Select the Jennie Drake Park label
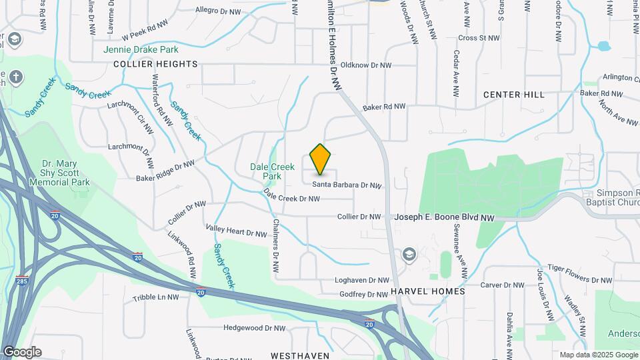(141, 49)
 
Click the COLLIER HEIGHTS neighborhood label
(156, 64)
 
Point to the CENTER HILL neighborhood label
(514, 95)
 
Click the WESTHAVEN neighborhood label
(300, 356)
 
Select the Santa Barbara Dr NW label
(347, 185)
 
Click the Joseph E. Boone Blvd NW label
(445, 217)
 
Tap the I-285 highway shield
(22, 281)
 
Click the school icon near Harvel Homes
(409, 254)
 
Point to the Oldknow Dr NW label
(365, 65)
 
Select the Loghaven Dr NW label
(361, 281)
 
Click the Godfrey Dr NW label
(363, 294)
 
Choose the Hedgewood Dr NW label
(255, 328)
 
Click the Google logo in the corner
(22, 352)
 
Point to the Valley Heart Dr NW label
(236, 232)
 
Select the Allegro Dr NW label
(220, 10)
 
